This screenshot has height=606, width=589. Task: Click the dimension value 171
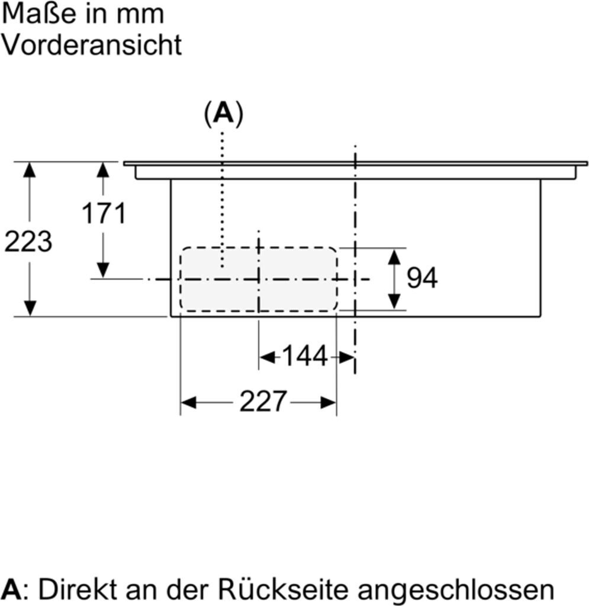[x=104, y=213]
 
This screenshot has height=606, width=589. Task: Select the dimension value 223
[x=28, y=241]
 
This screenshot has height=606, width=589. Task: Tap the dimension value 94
[x=422, y=278]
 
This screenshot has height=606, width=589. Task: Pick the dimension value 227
[x=263, y=402]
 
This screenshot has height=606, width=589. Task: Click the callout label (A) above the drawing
[x=223, y=113]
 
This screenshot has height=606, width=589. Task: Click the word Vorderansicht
[x=91, y=45]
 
